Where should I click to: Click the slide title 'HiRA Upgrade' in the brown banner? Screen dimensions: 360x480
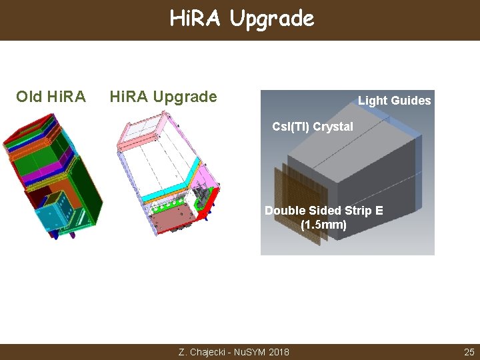point(241,19)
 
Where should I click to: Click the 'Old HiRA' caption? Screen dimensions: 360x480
point(51,97)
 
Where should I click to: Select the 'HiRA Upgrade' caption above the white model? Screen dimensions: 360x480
point(163,97)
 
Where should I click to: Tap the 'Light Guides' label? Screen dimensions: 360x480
point(394,101)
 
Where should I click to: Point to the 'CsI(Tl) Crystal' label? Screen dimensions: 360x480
point(313,127)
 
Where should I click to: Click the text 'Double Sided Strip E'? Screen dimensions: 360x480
point(323,211)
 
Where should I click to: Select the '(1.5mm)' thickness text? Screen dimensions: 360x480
point(323,225)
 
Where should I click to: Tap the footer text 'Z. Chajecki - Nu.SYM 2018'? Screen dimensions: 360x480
point(234,351)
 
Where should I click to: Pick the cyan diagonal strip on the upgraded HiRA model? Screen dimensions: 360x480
point(180,180)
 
